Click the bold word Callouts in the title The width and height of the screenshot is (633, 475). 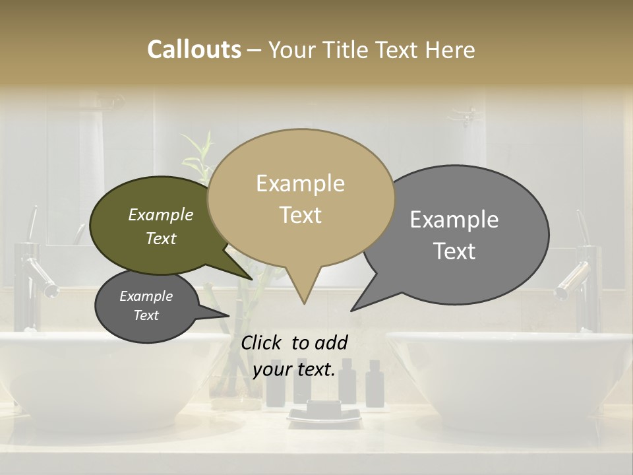pos(194,49)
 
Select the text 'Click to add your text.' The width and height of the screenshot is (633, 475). pos(294,356)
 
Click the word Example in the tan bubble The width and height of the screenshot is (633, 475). pos(300,183)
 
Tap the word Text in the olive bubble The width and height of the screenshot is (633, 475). pos(161,238)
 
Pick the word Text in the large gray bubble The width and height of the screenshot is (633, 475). pos(454,251)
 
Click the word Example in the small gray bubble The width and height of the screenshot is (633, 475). pos(146,296)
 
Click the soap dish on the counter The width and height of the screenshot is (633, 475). pos(323,414)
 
